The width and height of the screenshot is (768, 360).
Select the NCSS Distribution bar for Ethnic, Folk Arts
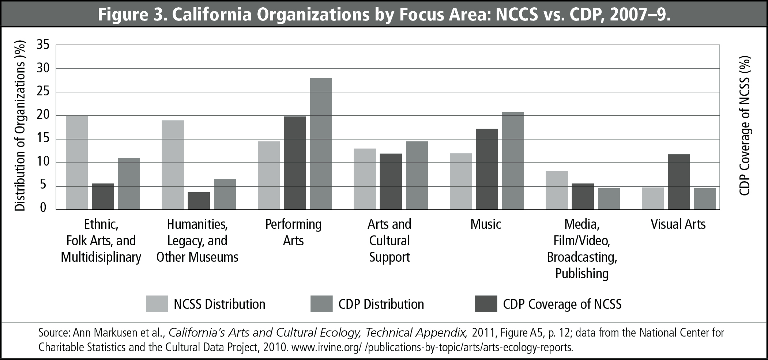[77, 163]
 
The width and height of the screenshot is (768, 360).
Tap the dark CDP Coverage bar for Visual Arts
[679, 182]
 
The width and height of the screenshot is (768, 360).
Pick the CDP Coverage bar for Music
[487, 169]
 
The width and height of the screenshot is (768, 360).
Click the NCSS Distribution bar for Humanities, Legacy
[173, 165]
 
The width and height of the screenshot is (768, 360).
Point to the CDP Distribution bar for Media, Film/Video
[609, 199]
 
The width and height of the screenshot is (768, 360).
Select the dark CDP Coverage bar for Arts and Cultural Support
[391, 182]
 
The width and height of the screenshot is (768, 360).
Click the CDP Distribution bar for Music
[513, 161]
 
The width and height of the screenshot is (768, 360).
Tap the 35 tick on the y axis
[43, 45]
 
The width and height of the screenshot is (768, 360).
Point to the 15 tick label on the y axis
[43, 139]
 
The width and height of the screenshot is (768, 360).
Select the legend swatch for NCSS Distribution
[157, 304]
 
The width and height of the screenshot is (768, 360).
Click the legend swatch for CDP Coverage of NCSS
[486, 304]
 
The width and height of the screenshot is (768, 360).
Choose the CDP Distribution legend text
[381, 304]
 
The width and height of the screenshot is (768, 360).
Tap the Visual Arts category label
[678, 224]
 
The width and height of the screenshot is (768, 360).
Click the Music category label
[486, 224]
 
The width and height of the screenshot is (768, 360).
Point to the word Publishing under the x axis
[582, 273]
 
